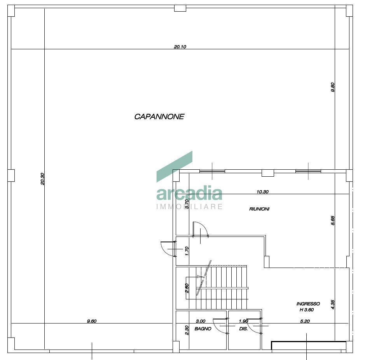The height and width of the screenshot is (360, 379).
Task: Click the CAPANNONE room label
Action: [159, 117]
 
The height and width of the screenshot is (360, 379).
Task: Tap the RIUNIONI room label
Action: [259, 209]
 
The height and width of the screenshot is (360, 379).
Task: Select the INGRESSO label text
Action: [308, 304]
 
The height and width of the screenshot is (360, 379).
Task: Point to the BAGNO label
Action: [203, 329]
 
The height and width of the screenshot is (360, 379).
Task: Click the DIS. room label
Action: [243, 329]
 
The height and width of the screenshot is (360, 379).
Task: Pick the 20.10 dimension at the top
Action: [180, 47]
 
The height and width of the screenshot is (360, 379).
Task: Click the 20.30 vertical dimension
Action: [42, 179]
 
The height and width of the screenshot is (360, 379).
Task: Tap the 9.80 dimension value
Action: [332, 87]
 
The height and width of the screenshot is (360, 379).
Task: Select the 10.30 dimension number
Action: [263, 191]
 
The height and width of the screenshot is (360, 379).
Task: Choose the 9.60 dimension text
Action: [92, 321]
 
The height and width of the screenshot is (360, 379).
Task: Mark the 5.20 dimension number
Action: [305, 321]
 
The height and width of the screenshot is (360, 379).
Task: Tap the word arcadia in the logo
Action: [189, 194]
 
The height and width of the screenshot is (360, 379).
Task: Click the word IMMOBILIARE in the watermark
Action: [189, 207]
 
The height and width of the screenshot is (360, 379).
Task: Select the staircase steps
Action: [224, 287]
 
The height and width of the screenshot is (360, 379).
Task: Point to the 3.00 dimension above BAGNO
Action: [200, 321]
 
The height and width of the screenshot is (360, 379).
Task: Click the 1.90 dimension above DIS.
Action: [243, 321]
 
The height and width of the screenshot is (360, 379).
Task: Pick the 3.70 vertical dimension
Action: [187, 204]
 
